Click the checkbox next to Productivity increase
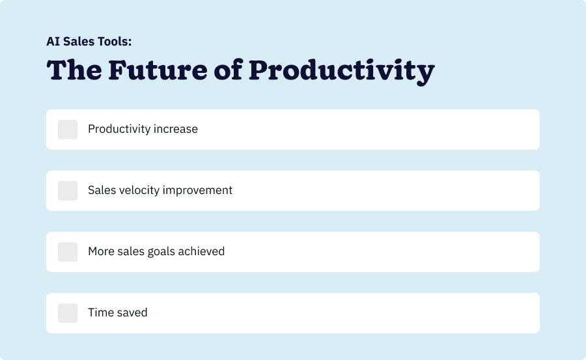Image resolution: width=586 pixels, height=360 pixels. [68, 130]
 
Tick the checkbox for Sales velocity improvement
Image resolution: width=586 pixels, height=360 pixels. [68, 191]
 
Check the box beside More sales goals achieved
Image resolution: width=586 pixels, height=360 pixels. [68, 252]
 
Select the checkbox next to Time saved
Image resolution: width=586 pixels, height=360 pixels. [68, 313]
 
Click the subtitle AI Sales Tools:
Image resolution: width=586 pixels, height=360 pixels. [89, 41]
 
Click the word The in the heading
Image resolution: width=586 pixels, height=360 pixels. [74, 70]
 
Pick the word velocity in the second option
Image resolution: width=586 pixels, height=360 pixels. [138, 190]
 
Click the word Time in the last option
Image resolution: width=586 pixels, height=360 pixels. [101, 312]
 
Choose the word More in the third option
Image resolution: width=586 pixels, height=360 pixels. [101, 251]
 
